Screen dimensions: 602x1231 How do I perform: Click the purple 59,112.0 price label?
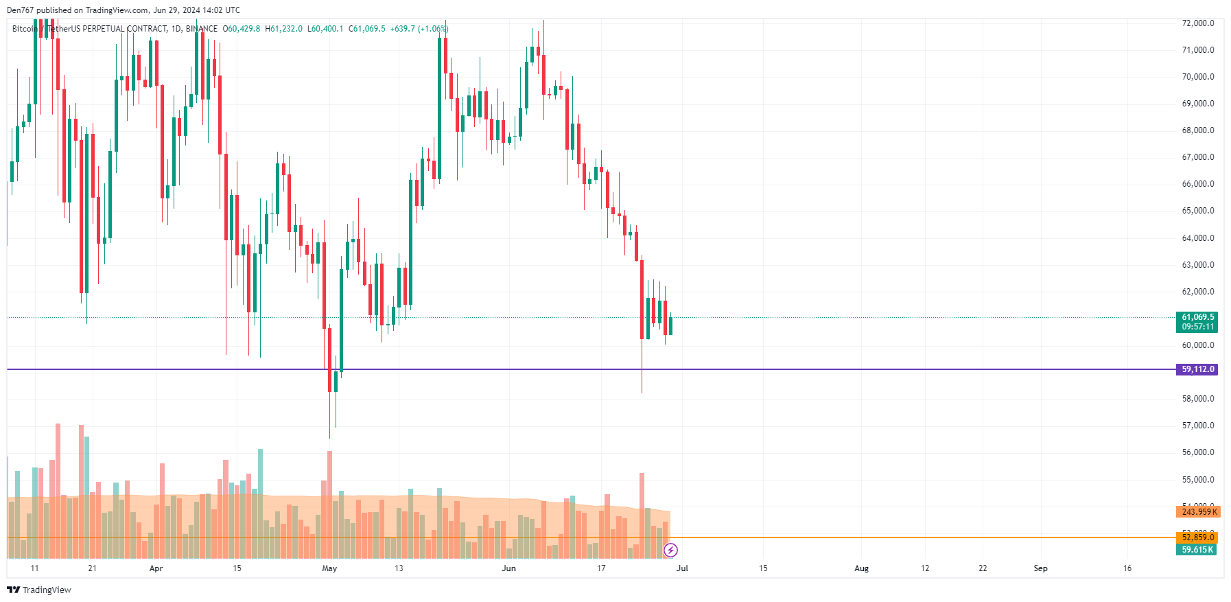pyautogui.click(x=1197, y=369)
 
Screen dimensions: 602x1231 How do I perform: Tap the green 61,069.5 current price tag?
pyautogui.click(x=1197, y=317)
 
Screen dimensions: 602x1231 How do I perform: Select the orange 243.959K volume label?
pyautogui.click(x=1197, y=511)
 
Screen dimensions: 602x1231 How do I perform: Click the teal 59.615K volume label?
pyautogui.click(x=1197, y=550)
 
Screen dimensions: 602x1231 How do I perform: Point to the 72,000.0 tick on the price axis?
pyautogui.click(x=1197, y=23)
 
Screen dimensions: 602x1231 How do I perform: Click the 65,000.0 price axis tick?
pyautogui.click(x=1197, y=211)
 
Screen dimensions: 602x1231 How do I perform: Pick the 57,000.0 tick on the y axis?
pyautogui.click(x=1197, y=426)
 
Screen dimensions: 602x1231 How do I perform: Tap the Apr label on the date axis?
pyautogui.click(x=156, y=568)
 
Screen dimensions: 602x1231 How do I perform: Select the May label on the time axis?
pyautogui.click(x=329, y=568)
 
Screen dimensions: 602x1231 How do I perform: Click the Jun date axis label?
pyautogui.click(x=508, y=568)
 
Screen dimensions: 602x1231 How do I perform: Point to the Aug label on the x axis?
pyautogui.click(x=861, y=568)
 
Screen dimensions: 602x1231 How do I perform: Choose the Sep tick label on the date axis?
pyautogui.click(x=1040, y=568)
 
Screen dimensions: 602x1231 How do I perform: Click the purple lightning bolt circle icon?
pyautogui.click(x=671, y=550)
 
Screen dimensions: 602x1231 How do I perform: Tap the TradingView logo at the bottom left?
pyautogui.click(x=39, y=590)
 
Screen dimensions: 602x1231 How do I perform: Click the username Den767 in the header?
pyautogui.click(x=20, y=10)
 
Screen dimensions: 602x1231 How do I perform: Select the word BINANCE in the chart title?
pyautogui.click(x=201, y=29)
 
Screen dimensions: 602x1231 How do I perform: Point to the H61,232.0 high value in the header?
pyautogui.click(x=283, y=29)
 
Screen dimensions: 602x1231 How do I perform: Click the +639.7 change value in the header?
pyautogui.click(x=402, y=29)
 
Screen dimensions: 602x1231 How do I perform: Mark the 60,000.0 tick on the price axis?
pyautogui.click(x=1197, y=345)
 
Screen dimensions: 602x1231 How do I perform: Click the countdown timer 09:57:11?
pyautogui.click(x=1197, y=327)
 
